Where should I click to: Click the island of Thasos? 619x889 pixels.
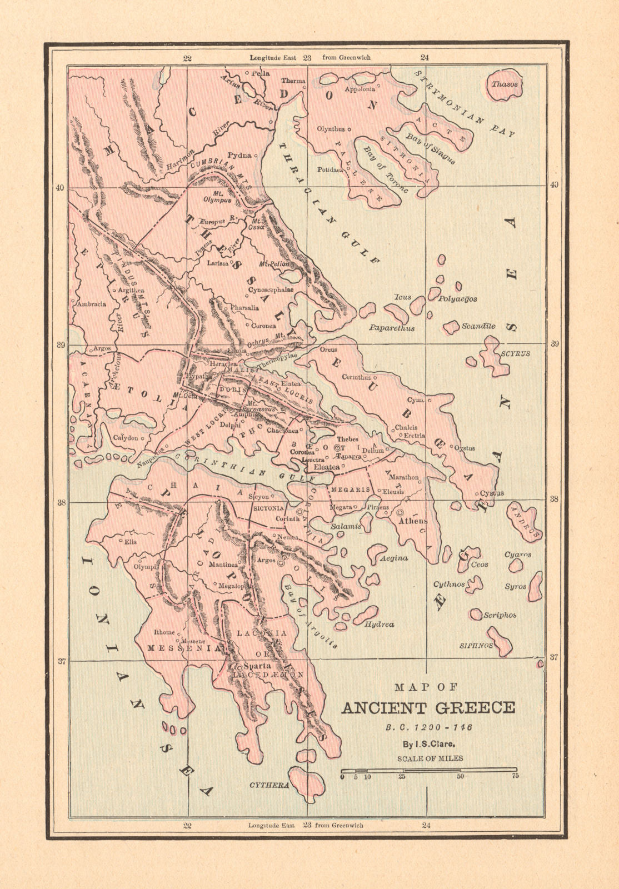coord(504,85)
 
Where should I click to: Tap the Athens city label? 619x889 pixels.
coord(414,521)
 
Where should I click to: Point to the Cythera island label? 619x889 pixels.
coord(269,785)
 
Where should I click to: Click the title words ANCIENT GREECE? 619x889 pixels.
coord(428,708)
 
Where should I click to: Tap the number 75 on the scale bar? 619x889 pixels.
coord(515,776)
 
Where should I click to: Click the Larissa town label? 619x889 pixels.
coord(218,263)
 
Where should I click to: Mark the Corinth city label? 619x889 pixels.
coord(288,519)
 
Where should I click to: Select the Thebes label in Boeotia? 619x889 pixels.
coord(348,439)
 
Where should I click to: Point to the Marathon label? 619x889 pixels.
coord(403,477)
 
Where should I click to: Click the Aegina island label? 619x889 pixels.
coord(393,558)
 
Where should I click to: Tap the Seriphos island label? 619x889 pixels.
coord(500,615)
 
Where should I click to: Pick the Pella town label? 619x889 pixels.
coord(261,73)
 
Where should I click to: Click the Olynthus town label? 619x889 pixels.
coord(331,129)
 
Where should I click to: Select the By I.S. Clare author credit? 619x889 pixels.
coord(427,745)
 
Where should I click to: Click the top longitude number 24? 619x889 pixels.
coord(425,57)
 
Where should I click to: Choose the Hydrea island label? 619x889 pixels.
coord(380,624)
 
